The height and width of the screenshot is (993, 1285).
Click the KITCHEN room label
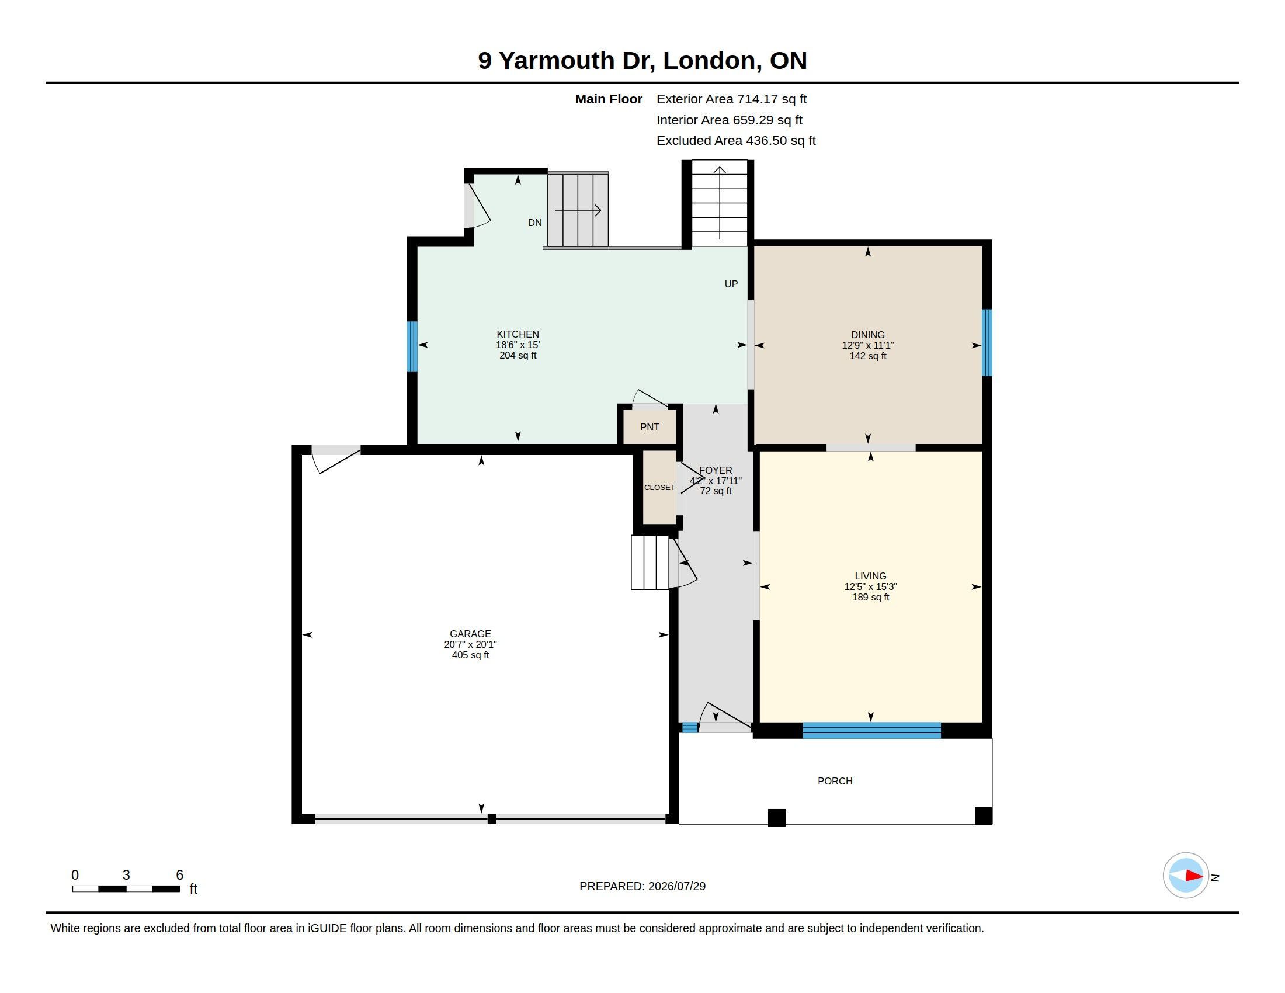pyautogui.click(x=517, y=334)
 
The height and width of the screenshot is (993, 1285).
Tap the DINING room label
pyautogui.click(x=867, y=335)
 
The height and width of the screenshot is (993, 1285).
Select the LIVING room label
pyautogui.click(x=870, y=576)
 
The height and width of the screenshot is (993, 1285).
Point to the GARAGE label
pyautogui.click(x=470, y=634)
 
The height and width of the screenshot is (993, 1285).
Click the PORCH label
pyautogui.click(x=835, y=780)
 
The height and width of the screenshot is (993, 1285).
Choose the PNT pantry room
pyautogui.click(x=650, y=426)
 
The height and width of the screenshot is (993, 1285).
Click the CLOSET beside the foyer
pyautogui.click(x=659, y=487)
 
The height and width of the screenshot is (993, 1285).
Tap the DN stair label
pyautogui.click(x=534, y=223)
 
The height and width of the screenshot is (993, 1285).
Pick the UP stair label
pyautogui.click(x=731, y=284)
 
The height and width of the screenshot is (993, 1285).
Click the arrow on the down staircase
pyautogui.click(x=578, y=210)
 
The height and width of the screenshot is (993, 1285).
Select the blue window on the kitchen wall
pyautogui.click(x=412, y=346)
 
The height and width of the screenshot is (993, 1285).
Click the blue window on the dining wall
pyautogui.click(x=987, y=342)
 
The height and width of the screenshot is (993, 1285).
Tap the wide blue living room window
pyautogui.click(x=871, y=730)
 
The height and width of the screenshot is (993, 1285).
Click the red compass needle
pyautogui.click(x=1194, y=876)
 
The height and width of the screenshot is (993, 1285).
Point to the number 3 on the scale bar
pyautogui.click(x=126, y=875)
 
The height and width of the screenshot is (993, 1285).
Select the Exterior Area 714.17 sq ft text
pyautogui.click(x=731, y=99)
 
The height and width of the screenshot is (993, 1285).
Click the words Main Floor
pyautogui.click(x=609, y=99)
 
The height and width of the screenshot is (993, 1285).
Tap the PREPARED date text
pyautogui.click(x=642, y=886)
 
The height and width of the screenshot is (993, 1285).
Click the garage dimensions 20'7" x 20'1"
pyautogui.click(x=470, y=644)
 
